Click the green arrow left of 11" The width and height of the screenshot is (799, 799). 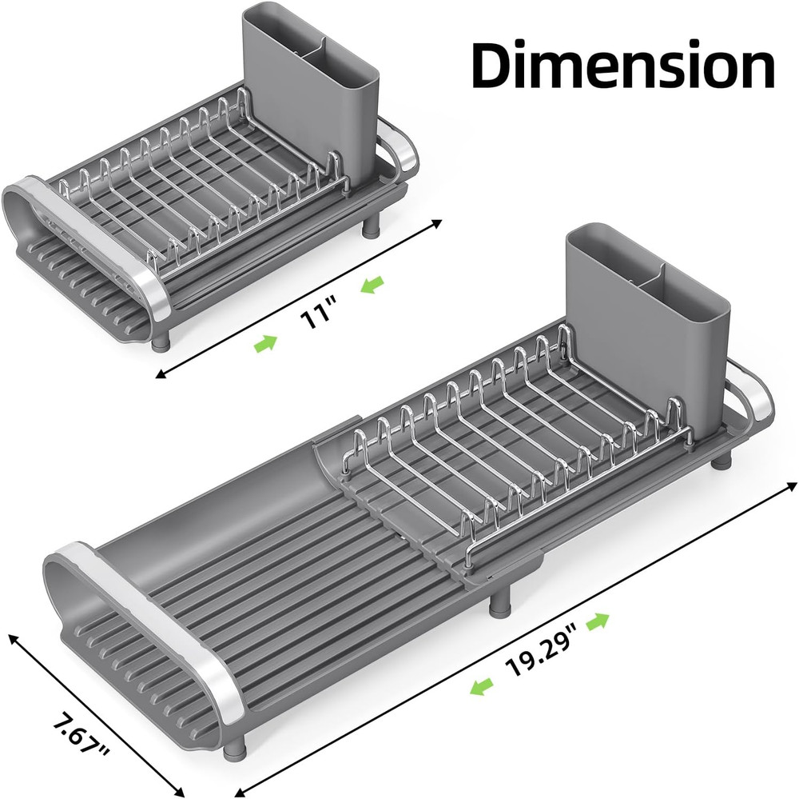(266, 343)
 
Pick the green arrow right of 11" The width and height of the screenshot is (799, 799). (371, 284)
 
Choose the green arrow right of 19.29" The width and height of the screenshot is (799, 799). (599, 621)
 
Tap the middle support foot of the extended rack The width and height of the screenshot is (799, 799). (502, 597)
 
